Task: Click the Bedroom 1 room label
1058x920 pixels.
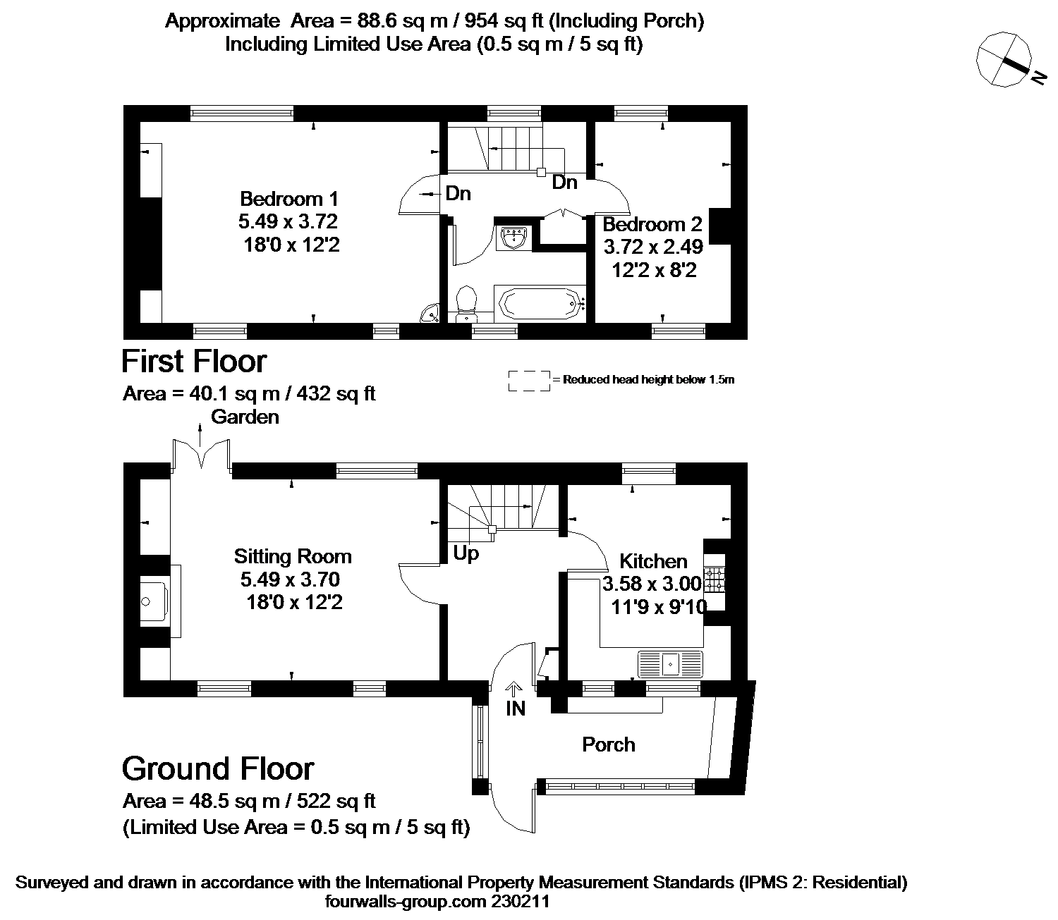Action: pos(289,199)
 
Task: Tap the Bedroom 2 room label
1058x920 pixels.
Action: pos(652,224)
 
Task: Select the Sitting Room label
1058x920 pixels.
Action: pos(293,556)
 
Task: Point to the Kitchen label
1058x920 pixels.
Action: pos(653,560)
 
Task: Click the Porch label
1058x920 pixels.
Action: pos(609,744)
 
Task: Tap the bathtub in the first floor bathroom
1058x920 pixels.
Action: pos(540,304)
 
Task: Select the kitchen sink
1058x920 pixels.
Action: pos(670,663)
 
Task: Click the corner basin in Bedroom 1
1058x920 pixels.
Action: pos(430,313)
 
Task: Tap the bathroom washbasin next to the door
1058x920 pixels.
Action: pos(513,238)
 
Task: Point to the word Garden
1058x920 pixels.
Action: pos(245,417)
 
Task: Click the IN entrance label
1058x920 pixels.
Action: pos(516,709)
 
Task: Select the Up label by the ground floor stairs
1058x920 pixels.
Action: pos(466,553)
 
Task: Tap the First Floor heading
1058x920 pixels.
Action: pos(194,361)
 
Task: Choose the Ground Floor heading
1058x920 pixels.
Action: pos(218,768)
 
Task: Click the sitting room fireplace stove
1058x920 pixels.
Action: pos(154,601)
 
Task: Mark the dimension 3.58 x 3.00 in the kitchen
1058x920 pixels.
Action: pos(652,584)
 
